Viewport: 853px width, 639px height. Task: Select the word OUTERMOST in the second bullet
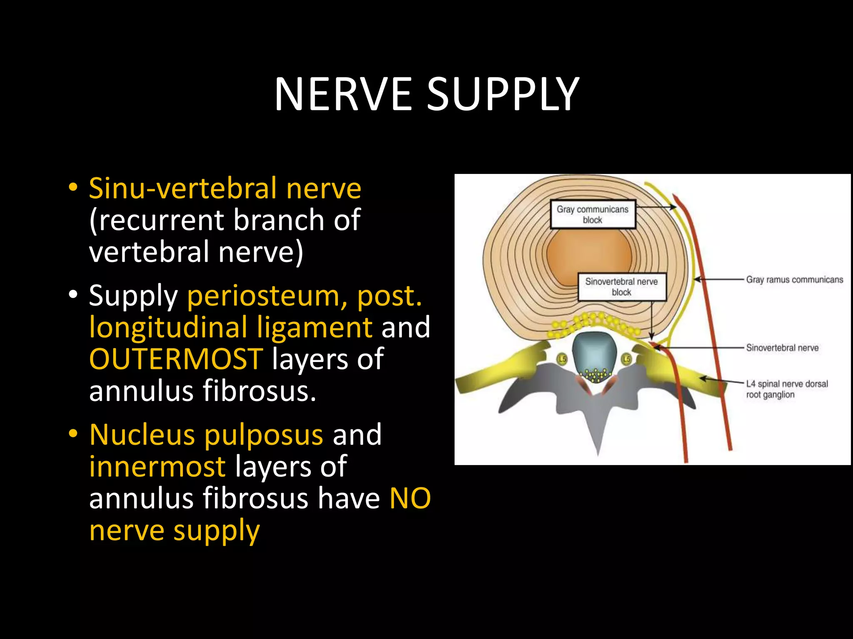176,359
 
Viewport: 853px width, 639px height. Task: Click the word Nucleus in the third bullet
142,435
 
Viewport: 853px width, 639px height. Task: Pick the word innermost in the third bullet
157,466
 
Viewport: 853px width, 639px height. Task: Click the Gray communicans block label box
593,215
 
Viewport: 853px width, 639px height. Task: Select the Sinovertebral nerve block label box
621,287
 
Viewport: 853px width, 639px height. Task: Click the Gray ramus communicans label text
794,280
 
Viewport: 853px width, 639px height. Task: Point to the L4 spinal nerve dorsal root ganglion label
787,389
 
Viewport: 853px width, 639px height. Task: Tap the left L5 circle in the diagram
563,359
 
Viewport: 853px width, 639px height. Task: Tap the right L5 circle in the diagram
626,359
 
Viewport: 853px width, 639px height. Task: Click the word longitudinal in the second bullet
168,327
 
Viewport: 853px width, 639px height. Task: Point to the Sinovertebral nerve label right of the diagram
782,348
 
